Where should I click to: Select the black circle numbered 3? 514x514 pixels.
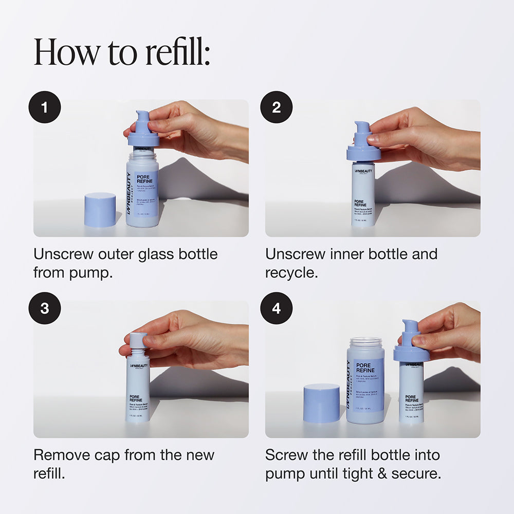45,308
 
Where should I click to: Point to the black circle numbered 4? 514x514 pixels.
277,308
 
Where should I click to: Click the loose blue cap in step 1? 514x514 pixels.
100,209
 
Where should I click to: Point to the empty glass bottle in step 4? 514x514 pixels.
365,380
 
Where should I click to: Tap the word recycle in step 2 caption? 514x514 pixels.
291,272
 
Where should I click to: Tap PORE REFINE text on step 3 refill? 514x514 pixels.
137,399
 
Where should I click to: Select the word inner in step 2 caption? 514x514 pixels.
350,254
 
